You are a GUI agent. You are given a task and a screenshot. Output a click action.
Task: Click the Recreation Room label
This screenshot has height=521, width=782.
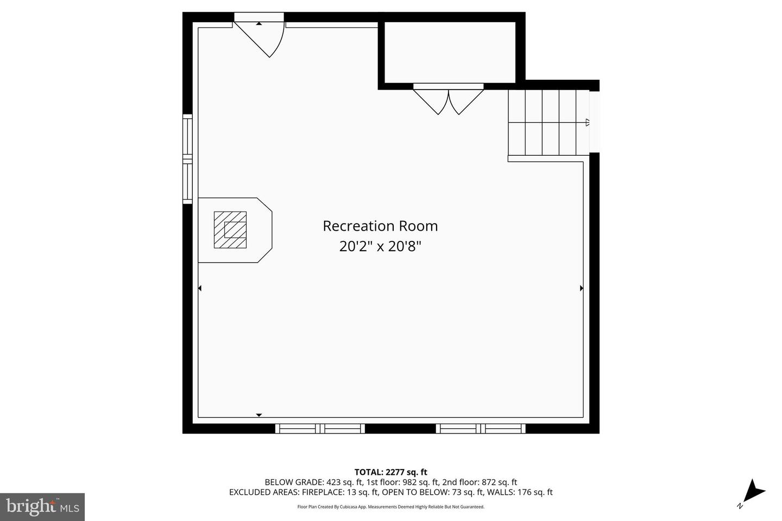(x=380, y=226)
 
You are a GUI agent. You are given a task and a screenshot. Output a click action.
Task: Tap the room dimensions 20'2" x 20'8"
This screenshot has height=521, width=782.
(x=380, y=246)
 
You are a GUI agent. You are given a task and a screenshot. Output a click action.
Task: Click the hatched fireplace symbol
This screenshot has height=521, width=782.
(x=230, y=230)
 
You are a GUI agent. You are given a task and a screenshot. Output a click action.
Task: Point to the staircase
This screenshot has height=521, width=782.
(x=543, y=123)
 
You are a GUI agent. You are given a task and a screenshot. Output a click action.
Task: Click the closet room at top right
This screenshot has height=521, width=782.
(x=450, y=52)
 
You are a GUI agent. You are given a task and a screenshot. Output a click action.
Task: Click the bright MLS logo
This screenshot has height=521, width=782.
(x=42, y=507)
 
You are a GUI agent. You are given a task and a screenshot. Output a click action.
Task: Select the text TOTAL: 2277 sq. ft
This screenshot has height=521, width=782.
(x=390, y=472)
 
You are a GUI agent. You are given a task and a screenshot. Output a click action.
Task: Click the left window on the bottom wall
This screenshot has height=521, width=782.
(x=320, y=428)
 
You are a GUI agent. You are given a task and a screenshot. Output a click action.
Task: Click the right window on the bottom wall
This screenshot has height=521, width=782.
(x=481, y=428)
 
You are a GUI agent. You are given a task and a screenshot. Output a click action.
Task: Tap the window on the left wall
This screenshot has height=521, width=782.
(x=187, y=158)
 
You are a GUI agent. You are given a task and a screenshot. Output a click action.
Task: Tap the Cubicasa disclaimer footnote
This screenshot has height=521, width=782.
(x=390, y=507)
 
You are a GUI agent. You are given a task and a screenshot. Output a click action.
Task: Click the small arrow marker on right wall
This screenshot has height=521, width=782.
(x=581, y=288)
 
